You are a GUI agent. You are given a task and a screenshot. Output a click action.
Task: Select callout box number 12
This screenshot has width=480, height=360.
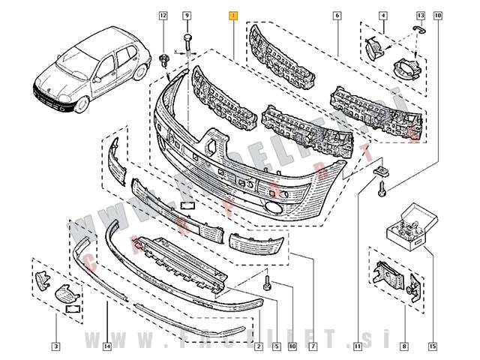tap(163, 15)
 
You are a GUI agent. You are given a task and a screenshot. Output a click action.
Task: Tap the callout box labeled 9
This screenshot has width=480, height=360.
tap(187, 15)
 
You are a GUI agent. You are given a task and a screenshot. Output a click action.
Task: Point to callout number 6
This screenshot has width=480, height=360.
tap(337, 15)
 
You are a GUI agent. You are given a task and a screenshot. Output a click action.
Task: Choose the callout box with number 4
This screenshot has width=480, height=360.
tap(383, 15)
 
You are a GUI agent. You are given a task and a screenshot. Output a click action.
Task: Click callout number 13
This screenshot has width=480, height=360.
tap(420, 15)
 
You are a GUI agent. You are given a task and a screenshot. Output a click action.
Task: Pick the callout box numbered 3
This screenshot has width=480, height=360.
tap(55, 346)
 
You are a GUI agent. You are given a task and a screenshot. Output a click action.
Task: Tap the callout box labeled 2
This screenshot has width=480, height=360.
tap(258, 346)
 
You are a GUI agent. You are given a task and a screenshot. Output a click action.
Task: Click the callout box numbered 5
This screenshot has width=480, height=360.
tap(276, 346)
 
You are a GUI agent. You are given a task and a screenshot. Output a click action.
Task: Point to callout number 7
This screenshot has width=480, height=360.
tap(312, 346)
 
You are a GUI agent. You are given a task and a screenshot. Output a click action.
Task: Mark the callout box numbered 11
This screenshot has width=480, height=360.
tap(358, 346)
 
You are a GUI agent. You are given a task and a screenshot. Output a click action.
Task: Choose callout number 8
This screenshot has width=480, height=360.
tap(404, 346)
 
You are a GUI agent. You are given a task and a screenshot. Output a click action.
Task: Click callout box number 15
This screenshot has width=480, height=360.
tap(432, 346)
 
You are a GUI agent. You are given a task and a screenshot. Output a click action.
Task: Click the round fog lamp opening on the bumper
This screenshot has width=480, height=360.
tap(271, 211)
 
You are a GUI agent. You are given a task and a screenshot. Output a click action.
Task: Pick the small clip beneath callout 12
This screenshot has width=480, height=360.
tap(164, 60)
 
